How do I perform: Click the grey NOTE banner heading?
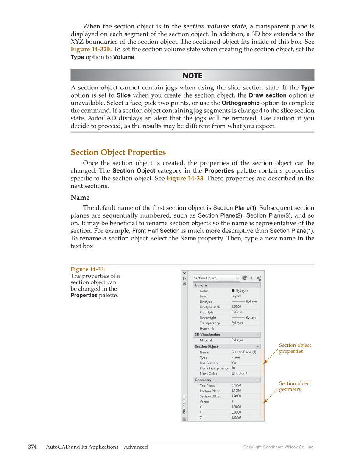[192, 75]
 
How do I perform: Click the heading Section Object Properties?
[118, 152]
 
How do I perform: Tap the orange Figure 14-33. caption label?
[88, 269]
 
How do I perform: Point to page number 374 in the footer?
[33, 447]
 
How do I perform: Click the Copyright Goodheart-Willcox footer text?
[279, 447]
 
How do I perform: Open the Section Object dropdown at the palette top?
[216, 278]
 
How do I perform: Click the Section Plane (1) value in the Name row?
[244, 352]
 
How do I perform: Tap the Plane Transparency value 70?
[233, 368]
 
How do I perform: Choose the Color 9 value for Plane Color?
[241, 374]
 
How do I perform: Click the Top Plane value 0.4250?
[236, 386]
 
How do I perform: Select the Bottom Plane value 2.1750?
[236, 391]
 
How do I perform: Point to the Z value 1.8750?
[236, 417]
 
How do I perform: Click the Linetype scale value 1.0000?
[236, 307]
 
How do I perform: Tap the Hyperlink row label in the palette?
[207, 329]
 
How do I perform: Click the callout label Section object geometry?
[295, 386]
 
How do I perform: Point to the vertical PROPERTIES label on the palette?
[184, 405]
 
